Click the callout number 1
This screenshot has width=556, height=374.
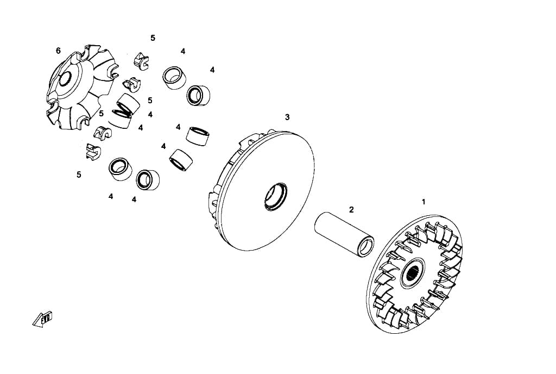tap(423, 202)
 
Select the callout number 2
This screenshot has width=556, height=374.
tap(351, 210)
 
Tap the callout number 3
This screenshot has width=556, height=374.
tap(287, 117)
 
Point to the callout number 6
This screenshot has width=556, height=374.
tap(58, 51)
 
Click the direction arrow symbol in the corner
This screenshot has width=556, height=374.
tap(42, 319)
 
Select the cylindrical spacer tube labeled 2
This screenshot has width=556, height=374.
tap(344, 234)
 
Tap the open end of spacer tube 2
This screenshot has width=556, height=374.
tap(367, 247)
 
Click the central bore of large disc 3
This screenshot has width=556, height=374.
tap(275, 197)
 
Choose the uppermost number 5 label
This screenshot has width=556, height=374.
tap(153, 38)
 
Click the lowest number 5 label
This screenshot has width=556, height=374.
tap(79, 174)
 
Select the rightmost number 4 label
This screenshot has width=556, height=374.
tap(212, 70)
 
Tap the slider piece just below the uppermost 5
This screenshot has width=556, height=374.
tap(141, 61)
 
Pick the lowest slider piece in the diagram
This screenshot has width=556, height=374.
tap(93, 152)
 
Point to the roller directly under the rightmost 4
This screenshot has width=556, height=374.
tap(198, 96)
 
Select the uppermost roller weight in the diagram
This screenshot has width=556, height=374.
tap(174, 78)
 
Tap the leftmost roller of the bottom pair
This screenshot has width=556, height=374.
tap(120, 169)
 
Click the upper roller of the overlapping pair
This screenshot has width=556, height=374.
tap(128, 104)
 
